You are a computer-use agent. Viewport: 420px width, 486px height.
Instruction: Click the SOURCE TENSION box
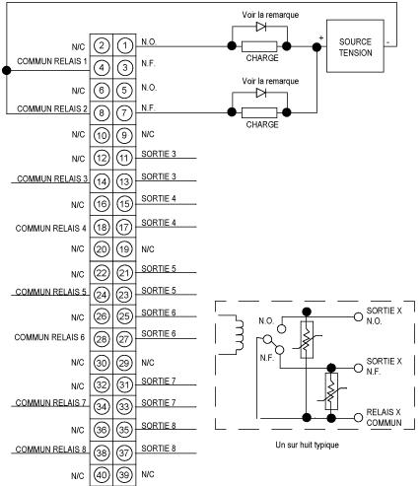pos(355,46)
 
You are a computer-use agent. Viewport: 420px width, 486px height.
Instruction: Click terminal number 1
pos(124,45)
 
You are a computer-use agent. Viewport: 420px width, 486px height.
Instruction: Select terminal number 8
pos(102,113)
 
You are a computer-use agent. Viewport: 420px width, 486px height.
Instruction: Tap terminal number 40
pos(102,475)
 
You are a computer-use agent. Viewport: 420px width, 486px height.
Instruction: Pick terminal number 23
pos(124,295)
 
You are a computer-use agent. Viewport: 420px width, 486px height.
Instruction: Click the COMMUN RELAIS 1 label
pos(52,61)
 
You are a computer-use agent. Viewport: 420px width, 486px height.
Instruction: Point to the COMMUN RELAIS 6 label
pos(49,337)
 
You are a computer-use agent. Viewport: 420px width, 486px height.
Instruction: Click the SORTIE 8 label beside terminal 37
pos(159,449)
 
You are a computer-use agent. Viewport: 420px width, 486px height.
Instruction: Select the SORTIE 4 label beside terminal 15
pos(159,198)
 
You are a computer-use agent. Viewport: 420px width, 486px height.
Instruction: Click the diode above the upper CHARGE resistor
pos(261,27)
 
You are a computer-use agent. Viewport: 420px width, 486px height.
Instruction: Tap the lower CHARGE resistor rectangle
pos(259,112)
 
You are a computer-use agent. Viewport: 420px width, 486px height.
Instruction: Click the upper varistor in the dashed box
pos(307,340)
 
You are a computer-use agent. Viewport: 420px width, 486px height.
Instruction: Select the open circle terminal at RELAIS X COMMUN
pos(358,418)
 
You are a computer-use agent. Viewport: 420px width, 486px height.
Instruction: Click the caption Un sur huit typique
pos(308,445)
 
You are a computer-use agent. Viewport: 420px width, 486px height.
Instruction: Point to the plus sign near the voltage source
pos(321,38)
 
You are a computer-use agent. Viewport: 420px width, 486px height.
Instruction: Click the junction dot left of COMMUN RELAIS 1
pos(7,70)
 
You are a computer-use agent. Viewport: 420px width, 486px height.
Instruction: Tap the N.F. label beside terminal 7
pos(149,107)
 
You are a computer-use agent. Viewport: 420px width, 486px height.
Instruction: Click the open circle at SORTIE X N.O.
pos(358,317)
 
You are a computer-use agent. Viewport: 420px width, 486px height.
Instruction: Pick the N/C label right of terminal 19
pos(148,249)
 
